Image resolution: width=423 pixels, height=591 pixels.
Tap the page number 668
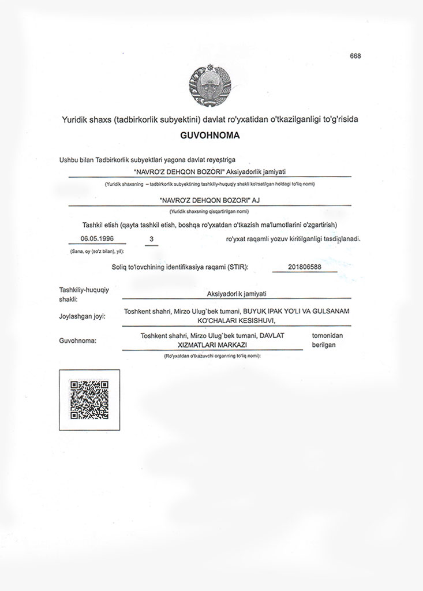tap(355, 56)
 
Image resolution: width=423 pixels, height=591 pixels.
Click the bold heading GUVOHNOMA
tap(210, 137)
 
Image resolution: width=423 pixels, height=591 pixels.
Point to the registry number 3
tap(151, 238)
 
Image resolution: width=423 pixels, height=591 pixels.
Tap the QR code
tap(89, 400)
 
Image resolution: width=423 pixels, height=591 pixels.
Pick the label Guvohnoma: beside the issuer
tap(77, 341)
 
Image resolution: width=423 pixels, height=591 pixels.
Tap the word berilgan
tap(324, 344)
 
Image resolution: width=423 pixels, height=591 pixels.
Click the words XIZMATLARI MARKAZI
tap(212, 344)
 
